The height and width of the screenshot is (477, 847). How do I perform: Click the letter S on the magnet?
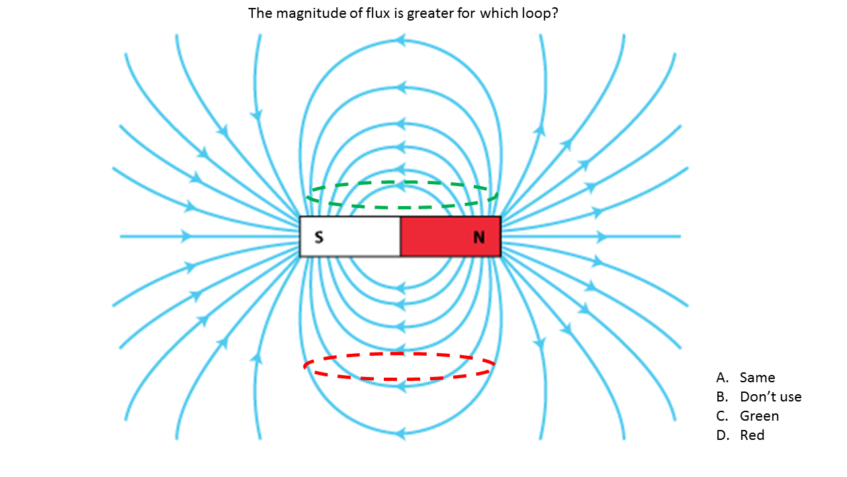pyautogui.click(x=319, y=237)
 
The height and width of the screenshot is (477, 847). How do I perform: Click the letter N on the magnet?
pyautogui.click(x=479, y=237)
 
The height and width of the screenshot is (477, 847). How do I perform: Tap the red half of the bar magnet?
pyautogui.click(x=451, y=237)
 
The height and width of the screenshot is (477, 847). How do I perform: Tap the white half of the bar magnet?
pyautogui.click(x=350, y=237)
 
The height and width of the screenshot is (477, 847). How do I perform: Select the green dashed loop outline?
pyautogui.click(x=402, y=195)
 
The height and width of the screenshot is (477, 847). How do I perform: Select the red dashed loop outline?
pyautogui.click(x=399, y=366)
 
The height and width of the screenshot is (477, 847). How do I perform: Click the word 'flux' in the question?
pyautogui.click(x=377, y=13)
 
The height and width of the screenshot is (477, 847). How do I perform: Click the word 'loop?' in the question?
pyautogui.click(x=540, y=14)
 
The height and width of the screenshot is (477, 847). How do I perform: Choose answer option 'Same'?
pyautogui.click(x=758, y=378)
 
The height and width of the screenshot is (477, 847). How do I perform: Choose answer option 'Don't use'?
pyautogui.click(x=771, y=397)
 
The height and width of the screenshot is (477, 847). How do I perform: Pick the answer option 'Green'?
pyautogui.click(x=759, y=416)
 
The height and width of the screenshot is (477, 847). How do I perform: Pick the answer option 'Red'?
pyautogui.click(x=752, y=435)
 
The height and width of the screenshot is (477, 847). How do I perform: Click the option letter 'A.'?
pyautogui.click(x=722, y=378)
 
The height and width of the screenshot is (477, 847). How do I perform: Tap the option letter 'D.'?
pyautogui.click(x=722, y=435)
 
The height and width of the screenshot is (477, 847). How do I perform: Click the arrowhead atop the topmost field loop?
pyautogui.click(x=400, y=40)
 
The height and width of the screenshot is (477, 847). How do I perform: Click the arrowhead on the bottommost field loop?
pyautogui.click(x=400, y=433)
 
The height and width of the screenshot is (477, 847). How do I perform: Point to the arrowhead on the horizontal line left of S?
pyautogui.click(x=186, y=237)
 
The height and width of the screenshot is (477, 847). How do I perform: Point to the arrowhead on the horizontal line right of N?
pyautogui.click(x=602, y=237)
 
